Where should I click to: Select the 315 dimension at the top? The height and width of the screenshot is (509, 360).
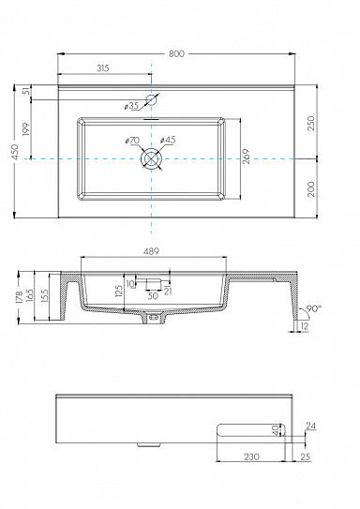(x=104, y=68)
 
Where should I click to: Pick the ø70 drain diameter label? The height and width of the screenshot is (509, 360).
(x=131, y=141)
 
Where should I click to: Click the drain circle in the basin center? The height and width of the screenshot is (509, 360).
(x=150, y=160)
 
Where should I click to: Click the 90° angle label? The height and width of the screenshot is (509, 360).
(x=315, y=307)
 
